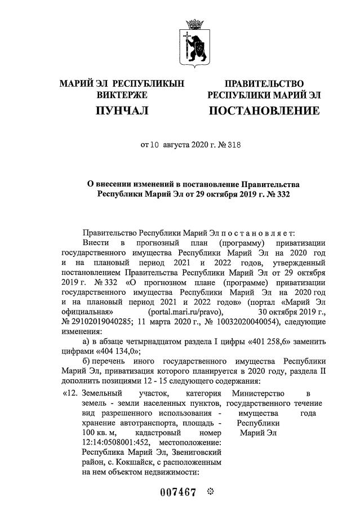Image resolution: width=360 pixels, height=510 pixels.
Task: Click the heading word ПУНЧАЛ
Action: [122, 111]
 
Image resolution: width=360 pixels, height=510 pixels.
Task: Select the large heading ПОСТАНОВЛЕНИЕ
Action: [264, 111]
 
